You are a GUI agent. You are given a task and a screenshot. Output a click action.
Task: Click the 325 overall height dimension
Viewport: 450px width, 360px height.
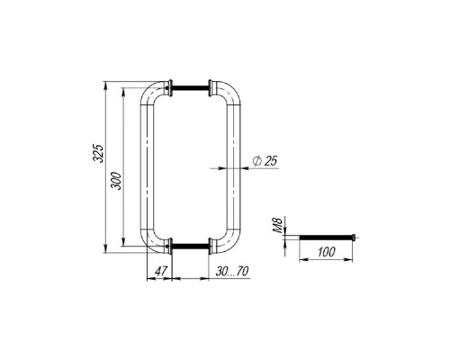(98, 153)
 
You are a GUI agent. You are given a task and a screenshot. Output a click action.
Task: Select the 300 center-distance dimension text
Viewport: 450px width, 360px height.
(116, 181)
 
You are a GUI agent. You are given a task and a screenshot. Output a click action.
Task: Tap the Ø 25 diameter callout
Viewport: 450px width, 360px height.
(265, 161)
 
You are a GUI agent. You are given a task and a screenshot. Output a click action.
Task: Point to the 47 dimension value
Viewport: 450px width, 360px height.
(161, 272)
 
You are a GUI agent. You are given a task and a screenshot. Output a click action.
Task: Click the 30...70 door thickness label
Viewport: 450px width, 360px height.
(232, 272)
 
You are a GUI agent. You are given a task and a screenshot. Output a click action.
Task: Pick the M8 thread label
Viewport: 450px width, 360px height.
(278, 225)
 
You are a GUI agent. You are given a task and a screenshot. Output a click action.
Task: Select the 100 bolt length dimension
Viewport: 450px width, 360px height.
(326, 252)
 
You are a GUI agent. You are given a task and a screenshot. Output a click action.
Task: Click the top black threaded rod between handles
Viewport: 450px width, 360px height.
(190, 88)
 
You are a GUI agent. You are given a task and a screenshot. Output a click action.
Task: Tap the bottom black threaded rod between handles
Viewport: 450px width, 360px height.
(190, 247)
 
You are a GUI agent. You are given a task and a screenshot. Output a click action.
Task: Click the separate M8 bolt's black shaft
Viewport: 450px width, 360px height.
(326, 238)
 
